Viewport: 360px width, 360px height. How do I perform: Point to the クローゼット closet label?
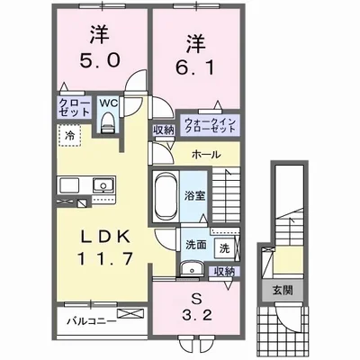tap(74, 109)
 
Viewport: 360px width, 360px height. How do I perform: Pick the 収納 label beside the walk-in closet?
tap(162, 130)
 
